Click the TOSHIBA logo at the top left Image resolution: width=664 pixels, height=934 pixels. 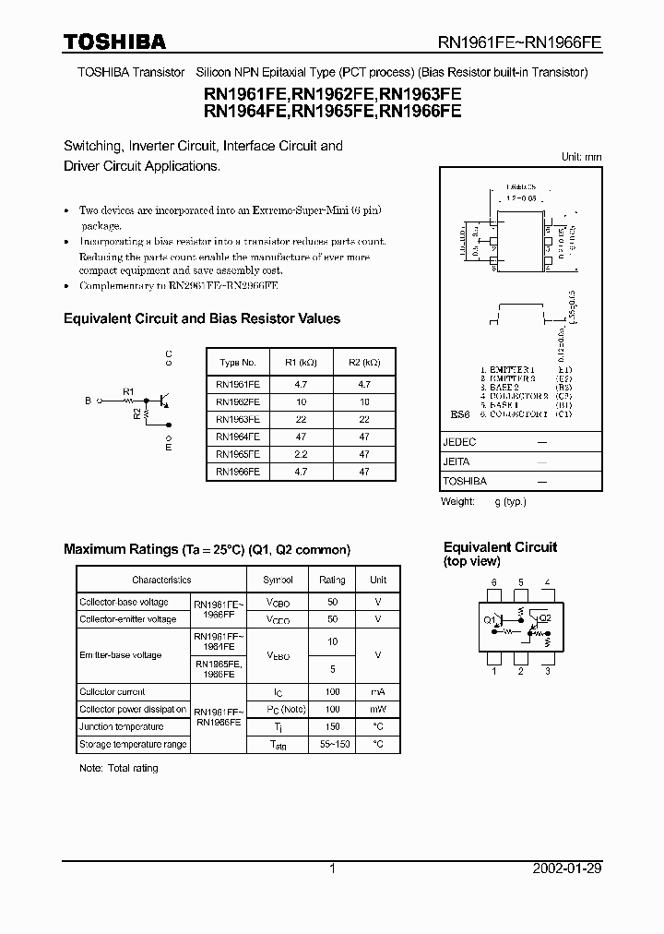(114, 42)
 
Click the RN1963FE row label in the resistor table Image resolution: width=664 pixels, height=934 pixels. (237, 419)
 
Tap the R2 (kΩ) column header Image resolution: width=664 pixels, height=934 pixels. (364, 363)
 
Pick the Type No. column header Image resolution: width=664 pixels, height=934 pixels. (237, 363)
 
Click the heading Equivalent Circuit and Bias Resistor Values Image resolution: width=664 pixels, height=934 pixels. (201, 318)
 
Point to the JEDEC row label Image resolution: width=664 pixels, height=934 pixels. (459, 442)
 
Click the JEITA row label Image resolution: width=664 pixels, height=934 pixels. (456, 461)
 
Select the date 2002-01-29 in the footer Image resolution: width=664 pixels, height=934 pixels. (567, 868)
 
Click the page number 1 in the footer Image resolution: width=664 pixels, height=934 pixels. (332, 868)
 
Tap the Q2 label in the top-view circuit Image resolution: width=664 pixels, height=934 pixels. (545, 618)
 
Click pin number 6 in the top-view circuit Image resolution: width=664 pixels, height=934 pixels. (494, 583)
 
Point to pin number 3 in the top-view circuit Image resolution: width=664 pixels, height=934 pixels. (548, 671)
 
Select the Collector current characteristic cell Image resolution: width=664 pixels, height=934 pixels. (112, 691)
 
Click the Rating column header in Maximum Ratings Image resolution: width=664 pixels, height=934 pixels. (332, 580)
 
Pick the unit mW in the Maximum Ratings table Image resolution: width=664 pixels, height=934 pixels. (378, 709)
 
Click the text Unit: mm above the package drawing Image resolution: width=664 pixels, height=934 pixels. (581, 158)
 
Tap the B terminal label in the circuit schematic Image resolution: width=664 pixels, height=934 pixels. (89, 401)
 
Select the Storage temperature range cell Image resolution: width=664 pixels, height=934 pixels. (133, 744)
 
